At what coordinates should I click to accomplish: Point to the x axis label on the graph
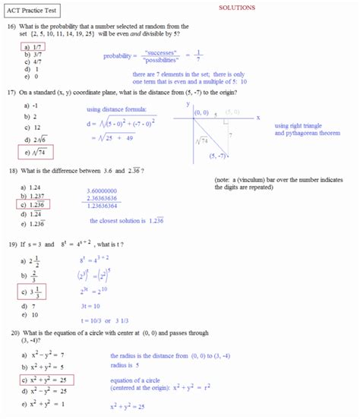pyautogui.click(x=258, y=118)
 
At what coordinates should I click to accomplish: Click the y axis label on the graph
pyautogui.click(x=188, y=104)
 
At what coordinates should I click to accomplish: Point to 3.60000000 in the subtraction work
pyautogui.click(x=107, y=191)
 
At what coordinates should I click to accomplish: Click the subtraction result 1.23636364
pyautogui.click(x=107, y=206)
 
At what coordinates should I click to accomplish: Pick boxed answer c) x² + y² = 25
pyautogui.click(x=48, y=380)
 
